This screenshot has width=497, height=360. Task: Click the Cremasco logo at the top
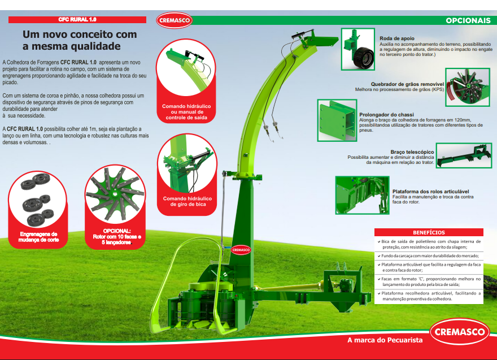tap(175, 20)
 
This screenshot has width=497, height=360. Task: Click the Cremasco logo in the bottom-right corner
tap(460, 331)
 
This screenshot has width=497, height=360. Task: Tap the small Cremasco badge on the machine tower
tap(241, 250)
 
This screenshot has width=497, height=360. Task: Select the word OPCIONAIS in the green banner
tap(468, 20)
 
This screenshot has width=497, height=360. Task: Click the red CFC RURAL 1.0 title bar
tap(77, 20)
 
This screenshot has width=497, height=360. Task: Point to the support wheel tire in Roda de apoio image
tap(363, 58)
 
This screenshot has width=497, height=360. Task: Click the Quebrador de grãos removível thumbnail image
tap(468, 87)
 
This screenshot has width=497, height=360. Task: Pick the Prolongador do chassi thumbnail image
tap(337, 120)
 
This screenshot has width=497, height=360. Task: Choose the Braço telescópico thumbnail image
tap(464, 155)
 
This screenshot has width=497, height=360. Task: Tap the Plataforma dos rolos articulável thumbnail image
tap(362, 196)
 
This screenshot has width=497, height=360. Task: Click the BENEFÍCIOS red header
tap(429, 232)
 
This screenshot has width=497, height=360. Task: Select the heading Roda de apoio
tap(397, 38)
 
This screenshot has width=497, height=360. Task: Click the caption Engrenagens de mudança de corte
tap(38, 237)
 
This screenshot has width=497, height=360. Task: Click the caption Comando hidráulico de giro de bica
tap(188, 201)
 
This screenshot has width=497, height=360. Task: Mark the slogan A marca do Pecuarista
tap(385, 340)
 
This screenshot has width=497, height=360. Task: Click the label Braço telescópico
tap(412, 152)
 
